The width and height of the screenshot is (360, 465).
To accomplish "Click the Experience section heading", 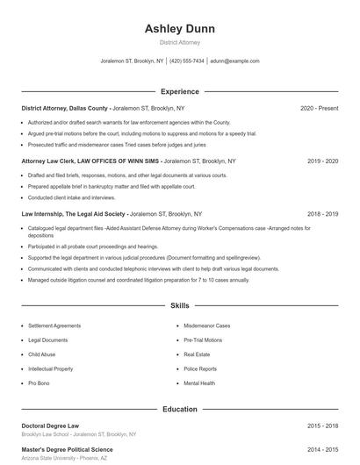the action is point(179,91).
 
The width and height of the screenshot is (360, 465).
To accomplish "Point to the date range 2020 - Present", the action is point(319,108).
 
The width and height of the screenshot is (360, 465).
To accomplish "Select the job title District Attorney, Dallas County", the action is point(64,108).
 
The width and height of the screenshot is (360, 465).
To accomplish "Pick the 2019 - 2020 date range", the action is point(323,161).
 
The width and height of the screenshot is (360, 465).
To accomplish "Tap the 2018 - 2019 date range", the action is point(323,213).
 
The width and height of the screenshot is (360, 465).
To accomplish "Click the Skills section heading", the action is point(179,306).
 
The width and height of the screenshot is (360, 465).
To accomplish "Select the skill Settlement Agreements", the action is point(54,325).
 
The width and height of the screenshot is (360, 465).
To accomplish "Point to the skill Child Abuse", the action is point(42,354).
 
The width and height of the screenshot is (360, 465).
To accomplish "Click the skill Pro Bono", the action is point(39,383).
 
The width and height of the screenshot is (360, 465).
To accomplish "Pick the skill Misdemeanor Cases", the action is point(207,325).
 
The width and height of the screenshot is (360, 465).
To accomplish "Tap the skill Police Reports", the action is point(200,369).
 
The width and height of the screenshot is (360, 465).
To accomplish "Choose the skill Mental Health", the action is point(199,383).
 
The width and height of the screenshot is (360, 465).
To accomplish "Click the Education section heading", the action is point(179,409).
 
